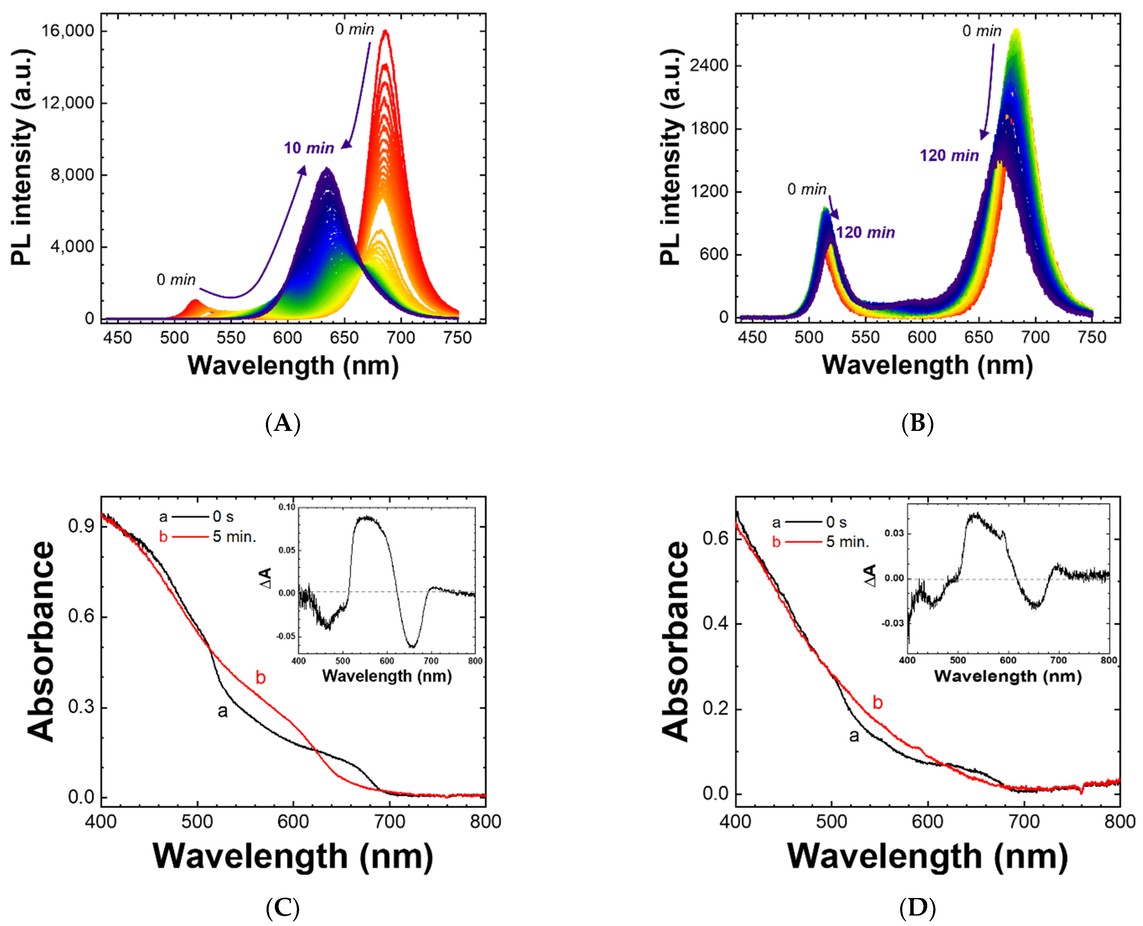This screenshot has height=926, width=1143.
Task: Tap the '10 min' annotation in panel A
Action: (309, 148)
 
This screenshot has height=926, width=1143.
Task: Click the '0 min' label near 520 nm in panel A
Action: (176, 280)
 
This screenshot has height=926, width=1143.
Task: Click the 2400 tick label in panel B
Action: (709, 66)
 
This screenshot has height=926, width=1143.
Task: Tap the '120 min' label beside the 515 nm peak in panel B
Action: (865, 232)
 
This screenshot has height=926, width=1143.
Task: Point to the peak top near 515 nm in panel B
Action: (824, 209)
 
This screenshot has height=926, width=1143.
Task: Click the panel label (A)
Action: (283, 423)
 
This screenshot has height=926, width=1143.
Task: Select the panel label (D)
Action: (917, 907)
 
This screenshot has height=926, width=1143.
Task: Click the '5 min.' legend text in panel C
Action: (235, 537)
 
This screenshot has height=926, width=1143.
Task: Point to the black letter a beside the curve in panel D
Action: (854, 737)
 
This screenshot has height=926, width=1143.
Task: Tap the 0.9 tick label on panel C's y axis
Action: (81, 527)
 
